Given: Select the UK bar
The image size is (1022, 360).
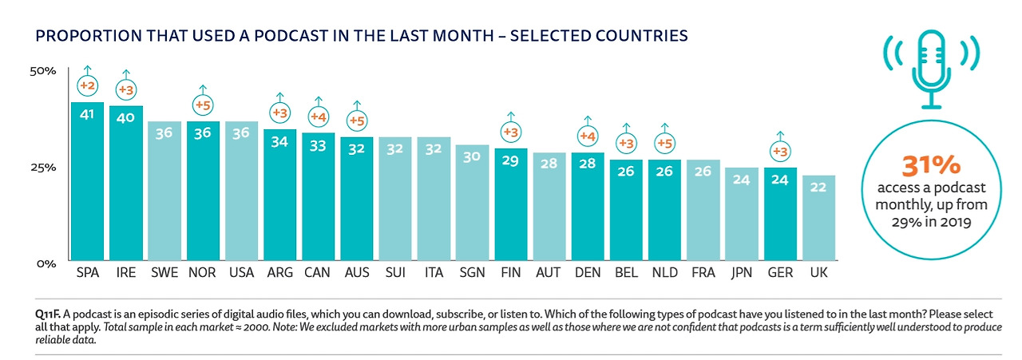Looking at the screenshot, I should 820,219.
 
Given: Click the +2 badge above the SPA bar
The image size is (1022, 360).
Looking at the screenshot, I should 87,85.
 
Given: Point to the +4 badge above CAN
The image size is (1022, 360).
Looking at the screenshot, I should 319,117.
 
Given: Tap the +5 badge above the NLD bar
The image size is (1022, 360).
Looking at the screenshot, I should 664,144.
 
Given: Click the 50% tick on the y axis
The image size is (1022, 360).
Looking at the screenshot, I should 43,71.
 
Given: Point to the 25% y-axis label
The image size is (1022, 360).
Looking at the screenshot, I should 43,168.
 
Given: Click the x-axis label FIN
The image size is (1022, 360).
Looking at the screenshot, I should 510,273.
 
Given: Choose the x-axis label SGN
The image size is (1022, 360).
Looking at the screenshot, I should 472,273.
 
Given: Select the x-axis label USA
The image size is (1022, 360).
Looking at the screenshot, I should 241,273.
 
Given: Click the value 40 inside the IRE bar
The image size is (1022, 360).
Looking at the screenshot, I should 126,118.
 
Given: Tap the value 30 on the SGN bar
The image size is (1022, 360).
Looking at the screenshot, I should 472,157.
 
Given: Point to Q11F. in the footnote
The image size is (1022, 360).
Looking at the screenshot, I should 39,313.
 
